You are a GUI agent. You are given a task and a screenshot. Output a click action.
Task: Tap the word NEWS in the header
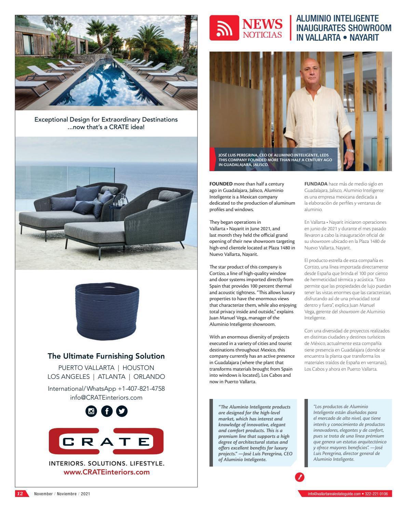[262, 24]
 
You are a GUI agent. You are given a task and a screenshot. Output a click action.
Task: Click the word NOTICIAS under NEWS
[262, 34]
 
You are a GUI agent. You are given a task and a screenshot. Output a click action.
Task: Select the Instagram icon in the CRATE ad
[91, 411]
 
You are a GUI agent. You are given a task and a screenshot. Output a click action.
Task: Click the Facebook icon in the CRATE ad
[107, 411]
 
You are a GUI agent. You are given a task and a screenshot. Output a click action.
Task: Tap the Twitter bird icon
[122, 411]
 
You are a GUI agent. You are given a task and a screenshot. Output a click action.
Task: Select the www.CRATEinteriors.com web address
[107, 472]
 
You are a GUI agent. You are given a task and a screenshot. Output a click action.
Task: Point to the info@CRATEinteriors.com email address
[106, 398]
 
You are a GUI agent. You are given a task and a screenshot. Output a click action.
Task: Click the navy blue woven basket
[107, 309]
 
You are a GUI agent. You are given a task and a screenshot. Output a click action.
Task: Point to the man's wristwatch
[350, 151]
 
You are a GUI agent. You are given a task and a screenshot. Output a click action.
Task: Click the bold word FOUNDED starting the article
[221, 184]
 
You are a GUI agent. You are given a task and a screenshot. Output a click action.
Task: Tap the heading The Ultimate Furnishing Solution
[106, 356]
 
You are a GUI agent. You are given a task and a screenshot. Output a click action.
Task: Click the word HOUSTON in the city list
[138, 368]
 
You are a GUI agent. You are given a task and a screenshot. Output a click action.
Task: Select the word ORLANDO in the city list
[149, 377]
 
